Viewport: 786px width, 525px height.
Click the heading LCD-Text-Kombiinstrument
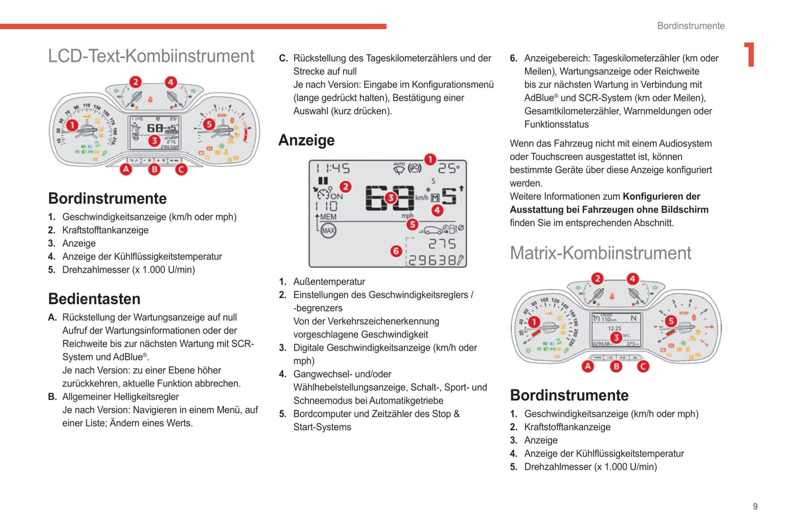pyautogui.click(x=151, y=56)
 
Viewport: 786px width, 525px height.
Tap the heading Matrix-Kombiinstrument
pyautogui.click(x=600, y=253)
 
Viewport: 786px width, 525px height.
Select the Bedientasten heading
pyautogui.click(x=94, y=299)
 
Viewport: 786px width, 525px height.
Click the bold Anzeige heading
pyautogui.click(x=306, y=141)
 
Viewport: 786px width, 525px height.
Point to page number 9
pyautogui.click(x=755, y=506)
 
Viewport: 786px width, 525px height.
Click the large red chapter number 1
pyautogui.click(x=750, y=55)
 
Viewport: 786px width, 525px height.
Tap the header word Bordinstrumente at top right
pyautogui.click(x=691, y=26)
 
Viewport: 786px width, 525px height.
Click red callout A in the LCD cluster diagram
pyautogui.click(x=126, y=169)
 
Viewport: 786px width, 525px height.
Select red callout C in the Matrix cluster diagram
pyautogui.click(x=643, y=366)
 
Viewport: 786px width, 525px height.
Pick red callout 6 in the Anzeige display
pyautogui.click(x=396, y=251)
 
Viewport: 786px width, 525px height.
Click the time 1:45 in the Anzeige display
pyautogui.click(x=333, y=168)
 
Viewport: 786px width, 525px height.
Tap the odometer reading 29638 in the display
pyautogui.click(x=432, y=260)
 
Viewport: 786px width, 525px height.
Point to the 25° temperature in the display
pyautogui.click(x=449, y=168)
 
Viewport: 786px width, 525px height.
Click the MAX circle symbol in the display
pyautogui.click(x=328, y=231)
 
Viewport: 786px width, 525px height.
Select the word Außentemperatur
pyautogui.click(x=329, y=282)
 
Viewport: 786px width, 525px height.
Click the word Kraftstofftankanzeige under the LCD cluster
pyautogui.click(x=105, y=230)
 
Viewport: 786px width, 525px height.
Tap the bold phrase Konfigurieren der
pyautogui.click(x=661, y=197)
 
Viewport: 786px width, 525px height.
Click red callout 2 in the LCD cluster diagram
pyautogui.click(x=135, y=82)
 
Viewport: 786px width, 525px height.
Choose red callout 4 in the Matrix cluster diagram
pyautogui.click(x=632, y=279)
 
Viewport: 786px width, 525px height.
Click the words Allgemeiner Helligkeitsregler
pyautogui.click(x=120, y=397)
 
